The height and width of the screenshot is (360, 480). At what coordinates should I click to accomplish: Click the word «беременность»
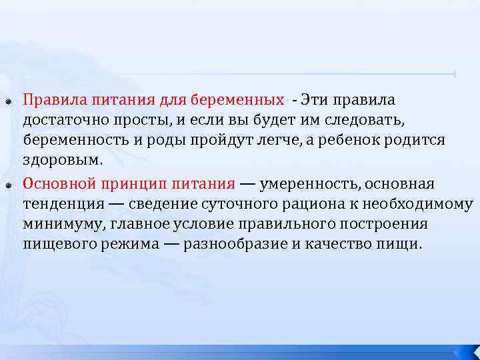point(71,141)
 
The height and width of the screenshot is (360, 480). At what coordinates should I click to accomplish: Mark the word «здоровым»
point(62,161)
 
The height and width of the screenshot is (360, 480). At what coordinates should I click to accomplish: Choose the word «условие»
point(221,224)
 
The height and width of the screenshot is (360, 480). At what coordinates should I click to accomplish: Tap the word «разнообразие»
point(234,244)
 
